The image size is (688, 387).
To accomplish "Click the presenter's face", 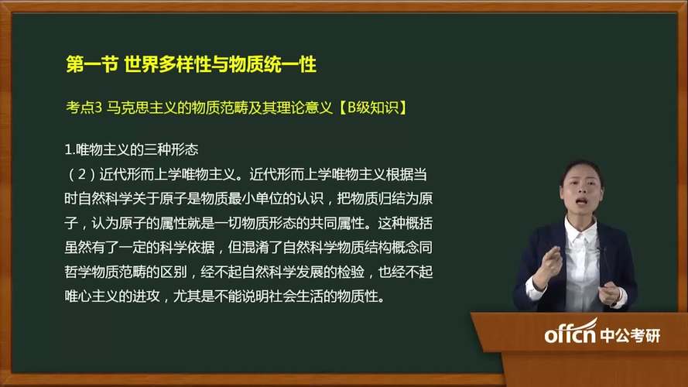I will tap(584, 190).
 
